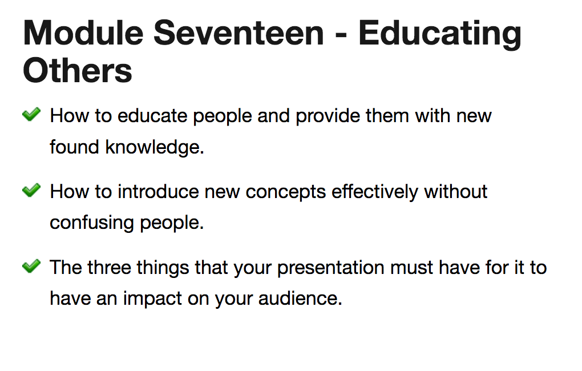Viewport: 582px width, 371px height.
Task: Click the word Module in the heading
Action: [x=83, y=33]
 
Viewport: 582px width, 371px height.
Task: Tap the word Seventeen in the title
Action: [x=239, y=33]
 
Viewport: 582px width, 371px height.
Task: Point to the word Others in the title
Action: [x=78, y=71]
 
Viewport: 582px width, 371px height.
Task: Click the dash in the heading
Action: [x=341, y=36]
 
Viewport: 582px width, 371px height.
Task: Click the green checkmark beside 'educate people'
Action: [x=31, y=114]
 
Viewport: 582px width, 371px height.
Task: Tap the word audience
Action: [x=300, y=298]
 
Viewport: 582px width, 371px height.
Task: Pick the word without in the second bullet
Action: [x=456, y=192]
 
